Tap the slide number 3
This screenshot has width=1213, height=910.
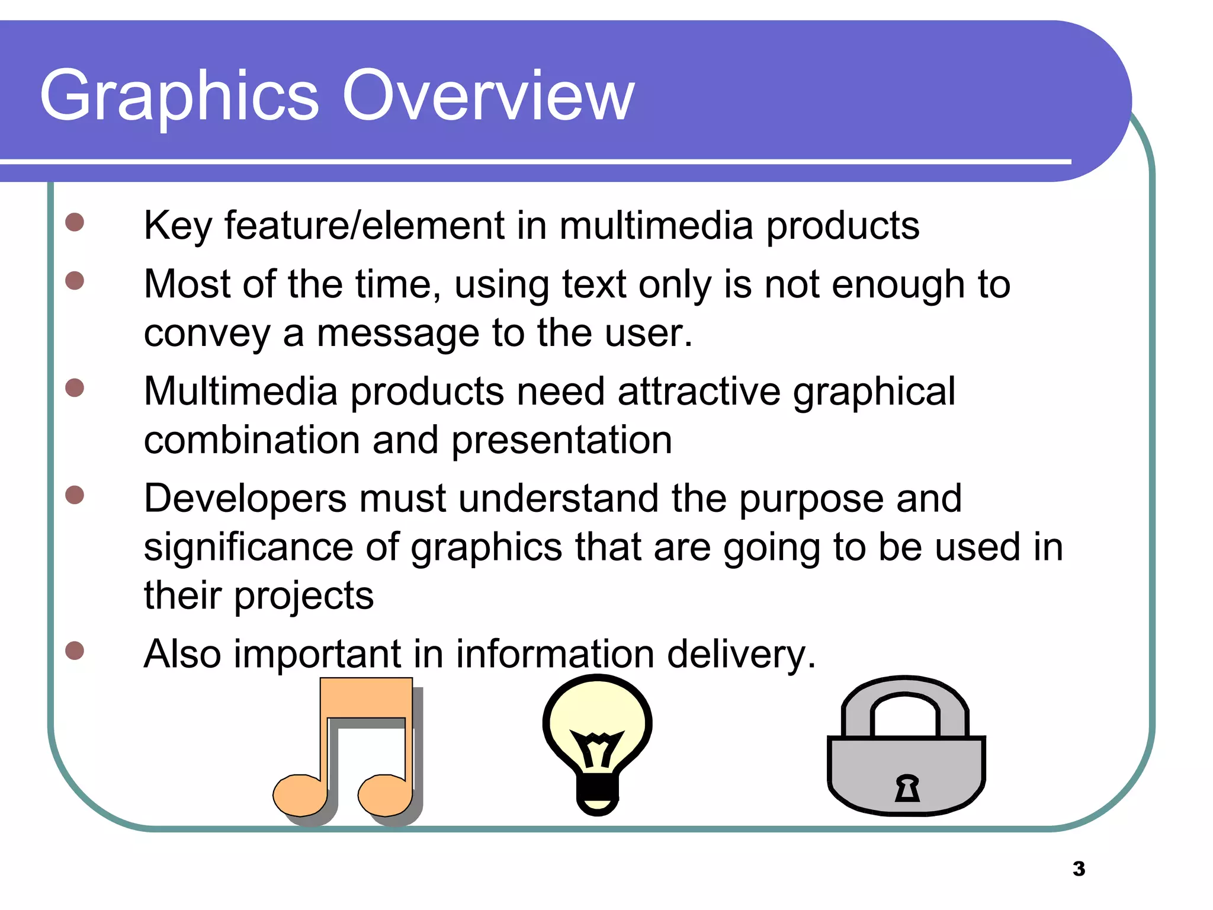[1079, 869]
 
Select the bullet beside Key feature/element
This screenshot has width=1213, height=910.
[75, 223]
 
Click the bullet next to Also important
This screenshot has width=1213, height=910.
[75, 651]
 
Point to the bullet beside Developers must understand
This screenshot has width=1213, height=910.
[75, 495]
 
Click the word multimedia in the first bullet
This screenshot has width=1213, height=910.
[656, 226]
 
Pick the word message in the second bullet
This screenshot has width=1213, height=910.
[397, 334]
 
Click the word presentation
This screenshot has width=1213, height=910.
[561, 441]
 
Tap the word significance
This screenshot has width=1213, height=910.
[248, 548]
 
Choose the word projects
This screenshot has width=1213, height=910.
[304, 596]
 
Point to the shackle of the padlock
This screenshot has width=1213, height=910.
[904, 699]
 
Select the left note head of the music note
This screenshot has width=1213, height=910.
[299, 795]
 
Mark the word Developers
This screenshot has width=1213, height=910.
[245, 499]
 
